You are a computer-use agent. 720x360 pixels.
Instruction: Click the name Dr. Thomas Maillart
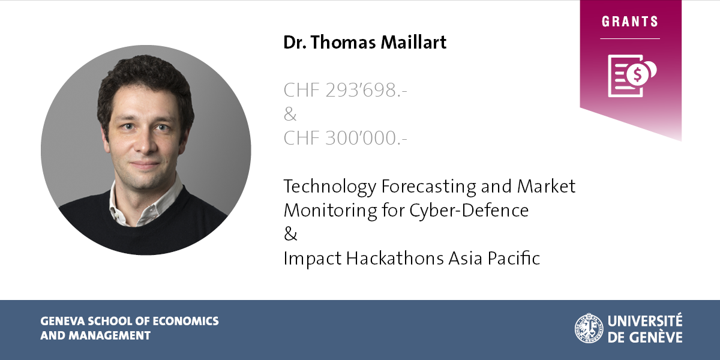(365, 43)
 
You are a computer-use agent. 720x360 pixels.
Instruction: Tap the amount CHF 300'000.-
(345, 138)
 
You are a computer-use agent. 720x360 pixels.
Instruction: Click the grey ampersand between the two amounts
(290, 114)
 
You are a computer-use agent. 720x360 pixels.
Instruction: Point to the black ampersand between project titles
(290, 233)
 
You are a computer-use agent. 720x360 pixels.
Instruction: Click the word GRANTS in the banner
(630, 22)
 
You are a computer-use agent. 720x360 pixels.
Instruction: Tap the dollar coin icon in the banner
(637, 75)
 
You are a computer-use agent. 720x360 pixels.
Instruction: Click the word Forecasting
(429, 187)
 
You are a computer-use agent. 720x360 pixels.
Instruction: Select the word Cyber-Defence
(469, 211)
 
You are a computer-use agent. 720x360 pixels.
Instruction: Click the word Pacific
(514, 258)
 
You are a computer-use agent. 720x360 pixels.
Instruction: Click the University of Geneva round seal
(589, 328)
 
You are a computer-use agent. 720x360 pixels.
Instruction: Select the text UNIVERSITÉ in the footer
(645, 320)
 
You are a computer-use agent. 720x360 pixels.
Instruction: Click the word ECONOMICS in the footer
(185, 321)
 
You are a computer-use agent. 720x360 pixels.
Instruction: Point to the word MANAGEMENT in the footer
(110, 335)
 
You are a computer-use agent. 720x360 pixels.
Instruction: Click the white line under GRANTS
(630, 39)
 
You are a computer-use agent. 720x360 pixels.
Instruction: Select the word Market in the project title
(546, 186)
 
